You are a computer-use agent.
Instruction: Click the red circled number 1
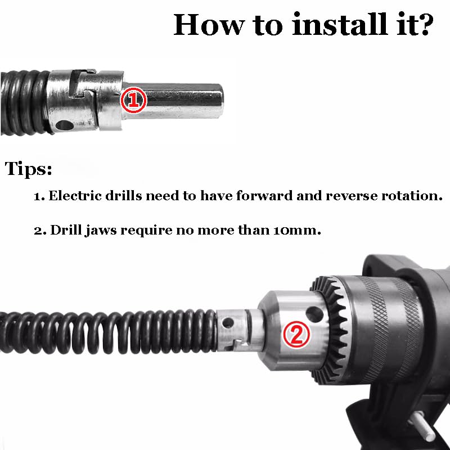point(133,101)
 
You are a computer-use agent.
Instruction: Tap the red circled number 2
point(296,335)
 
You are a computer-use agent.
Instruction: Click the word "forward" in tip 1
point(264,195)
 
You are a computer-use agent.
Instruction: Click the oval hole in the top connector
point(65,125)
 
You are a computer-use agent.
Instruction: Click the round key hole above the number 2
point(314,314)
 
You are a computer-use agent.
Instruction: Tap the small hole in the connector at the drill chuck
point(228,323)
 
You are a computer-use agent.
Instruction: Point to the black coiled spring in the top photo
point(24,102)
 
